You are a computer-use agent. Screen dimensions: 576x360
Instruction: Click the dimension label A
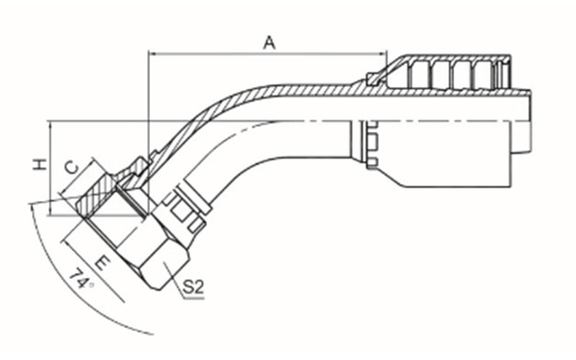pos(269,42)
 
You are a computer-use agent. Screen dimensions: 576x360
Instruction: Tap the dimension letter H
pos(40,164)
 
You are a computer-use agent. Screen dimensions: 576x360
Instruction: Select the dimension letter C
pos(71,168)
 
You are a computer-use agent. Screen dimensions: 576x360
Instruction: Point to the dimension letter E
pos(102,263)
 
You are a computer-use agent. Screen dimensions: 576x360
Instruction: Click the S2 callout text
pos(193,287)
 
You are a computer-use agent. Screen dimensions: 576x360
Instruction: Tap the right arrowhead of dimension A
pos(382,54)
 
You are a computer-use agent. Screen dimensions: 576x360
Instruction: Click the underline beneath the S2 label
pos(194,298)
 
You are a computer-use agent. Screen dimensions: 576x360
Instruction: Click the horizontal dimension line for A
pos(267,54)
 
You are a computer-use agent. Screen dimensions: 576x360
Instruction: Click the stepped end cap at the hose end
pos(521,120)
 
